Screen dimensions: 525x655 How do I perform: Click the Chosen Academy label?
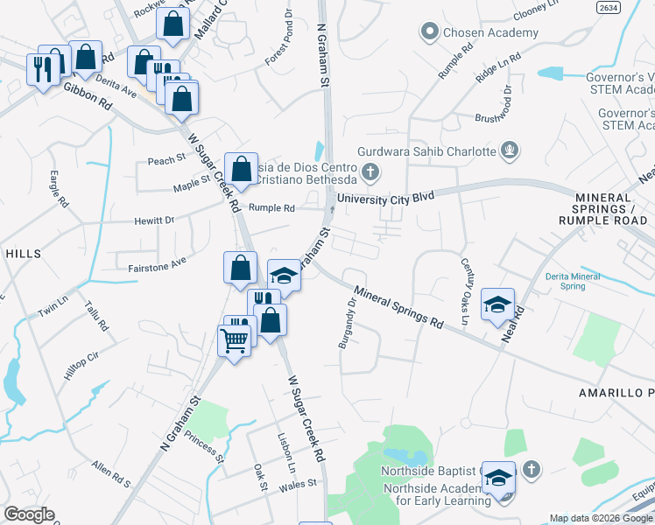click(490, 33)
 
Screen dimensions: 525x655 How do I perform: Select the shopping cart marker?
click(234, 339)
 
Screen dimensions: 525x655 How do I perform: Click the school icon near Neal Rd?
click(497, 304)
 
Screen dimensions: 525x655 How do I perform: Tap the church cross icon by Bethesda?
click(370, 171)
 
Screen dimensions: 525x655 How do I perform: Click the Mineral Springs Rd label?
click(398, 307)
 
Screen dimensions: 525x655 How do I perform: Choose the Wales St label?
click(298, 483)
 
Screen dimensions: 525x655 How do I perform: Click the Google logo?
click(29, 514)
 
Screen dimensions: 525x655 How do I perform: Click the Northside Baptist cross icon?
click(529, 471)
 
